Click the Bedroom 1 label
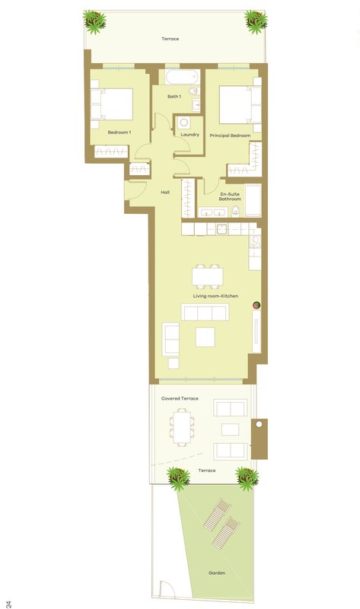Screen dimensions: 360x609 click(x=119, y=132)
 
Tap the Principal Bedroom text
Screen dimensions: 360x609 click(x=230, y=136)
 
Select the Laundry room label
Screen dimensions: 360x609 click(x=190, y=135)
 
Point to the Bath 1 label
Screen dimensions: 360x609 click(x=174, y=97)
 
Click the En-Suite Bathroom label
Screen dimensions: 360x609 click(x=230, y=196)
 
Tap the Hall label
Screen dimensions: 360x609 click(x=165, y=193)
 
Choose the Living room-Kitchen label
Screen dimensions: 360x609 click(x=215, y=296)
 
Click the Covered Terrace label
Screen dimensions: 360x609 click(x=180, y=398)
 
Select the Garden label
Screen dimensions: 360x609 click(x=217, y=573)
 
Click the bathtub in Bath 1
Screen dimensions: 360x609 click(x=183, y=77)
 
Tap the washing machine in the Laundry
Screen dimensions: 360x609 click(x=184, y=123)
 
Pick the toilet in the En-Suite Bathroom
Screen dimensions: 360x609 click(x=235, y=212)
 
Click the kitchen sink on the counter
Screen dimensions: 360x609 click(x=221, y=229)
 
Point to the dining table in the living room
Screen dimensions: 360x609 click(x=207, y=276)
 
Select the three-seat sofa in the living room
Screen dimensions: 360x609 click(x=205, y=312)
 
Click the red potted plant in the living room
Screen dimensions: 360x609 click(x=256, y=306)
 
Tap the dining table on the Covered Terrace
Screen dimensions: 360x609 click(x=182, y=427)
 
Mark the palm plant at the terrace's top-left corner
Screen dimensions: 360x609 click(x=94, y=21)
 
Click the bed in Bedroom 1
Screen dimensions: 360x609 click(x=112, y=104)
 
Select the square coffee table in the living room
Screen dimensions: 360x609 click(x=205, y=336)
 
